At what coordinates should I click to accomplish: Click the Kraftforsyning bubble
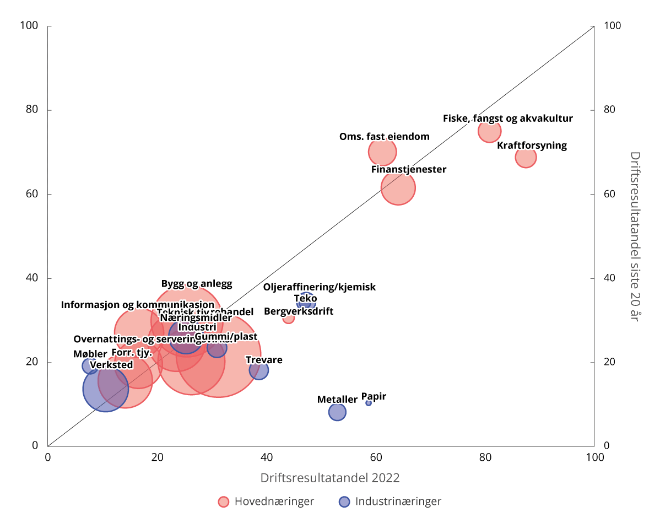pyautogui.click(x=526, y=158)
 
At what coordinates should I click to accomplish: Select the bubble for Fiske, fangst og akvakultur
pyautogui.click(x=489, y=131)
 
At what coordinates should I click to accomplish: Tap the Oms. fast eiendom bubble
pyautogui.click(x=382, y=152)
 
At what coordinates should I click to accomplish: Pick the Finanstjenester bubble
pyautogui.click(x=398, y=188)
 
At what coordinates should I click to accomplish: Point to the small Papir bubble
pyautogui.click(x=369, y=403)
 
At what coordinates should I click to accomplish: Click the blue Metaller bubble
pyautogui.click(x=337, y=412)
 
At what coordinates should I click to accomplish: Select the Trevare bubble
pyautogui.click(x=258, y=370)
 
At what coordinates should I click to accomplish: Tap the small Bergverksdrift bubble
pyautogui.click(x=288, y=318)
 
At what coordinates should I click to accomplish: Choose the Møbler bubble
pyautogui.click(x=90, y=365)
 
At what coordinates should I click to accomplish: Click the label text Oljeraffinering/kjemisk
pyautogui.click(x=319, y=287)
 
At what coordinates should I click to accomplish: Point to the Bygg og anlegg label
pyautogui.click(x=197, y=284)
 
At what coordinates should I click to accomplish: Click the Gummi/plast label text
pyautogui.click(x=226, y=337)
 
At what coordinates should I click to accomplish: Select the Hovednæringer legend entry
pyautogui.click(x=266, y=502)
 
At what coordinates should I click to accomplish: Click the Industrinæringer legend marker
pyautogui.click(x=344, y=502)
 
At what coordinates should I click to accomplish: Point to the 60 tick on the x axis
pyautogui.click(x=376, y=457)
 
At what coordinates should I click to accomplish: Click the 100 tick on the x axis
pyautogui.click(x=594, y=457)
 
